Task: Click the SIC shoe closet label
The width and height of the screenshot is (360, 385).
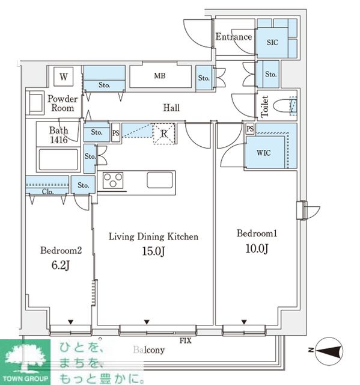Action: tap(272, 42)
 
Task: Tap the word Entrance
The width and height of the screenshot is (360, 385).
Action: tap(234, 37)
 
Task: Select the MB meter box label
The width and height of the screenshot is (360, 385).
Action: tap(160, 76)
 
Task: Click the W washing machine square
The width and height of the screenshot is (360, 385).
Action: tap(64, 76)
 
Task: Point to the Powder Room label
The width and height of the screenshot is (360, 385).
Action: tap(63, 103)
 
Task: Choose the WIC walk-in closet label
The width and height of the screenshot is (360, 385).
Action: tap(264, 153)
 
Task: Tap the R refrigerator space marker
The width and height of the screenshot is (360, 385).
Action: tap(164, 134)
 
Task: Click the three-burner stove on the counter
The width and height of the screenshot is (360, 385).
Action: tap(113, 180)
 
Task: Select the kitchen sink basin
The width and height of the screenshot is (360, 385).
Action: tap(160, 180)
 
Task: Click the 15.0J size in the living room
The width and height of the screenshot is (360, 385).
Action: tap(153, 251)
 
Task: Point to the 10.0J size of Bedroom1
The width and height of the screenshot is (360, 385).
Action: tap(257, 248)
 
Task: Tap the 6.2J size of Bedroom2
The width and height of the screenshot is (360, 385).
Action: tap(61, 265)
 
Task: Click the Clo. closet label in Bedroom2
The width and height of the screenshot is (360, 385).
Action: tap(47, 191)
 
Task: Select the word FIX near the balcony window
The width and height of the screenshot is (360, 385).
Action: tap(186, 341)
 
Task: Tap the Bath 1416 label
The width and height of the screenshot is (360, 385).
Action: tap(59, 135)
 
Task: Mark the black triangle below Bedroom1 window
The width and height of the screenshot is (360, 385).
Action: tap(244, 322)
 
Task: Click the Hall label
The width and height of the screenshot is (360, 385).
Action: tap(171, 108)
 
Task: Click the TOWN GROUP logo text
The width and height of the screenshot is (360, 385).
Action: tap(25, 378)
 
